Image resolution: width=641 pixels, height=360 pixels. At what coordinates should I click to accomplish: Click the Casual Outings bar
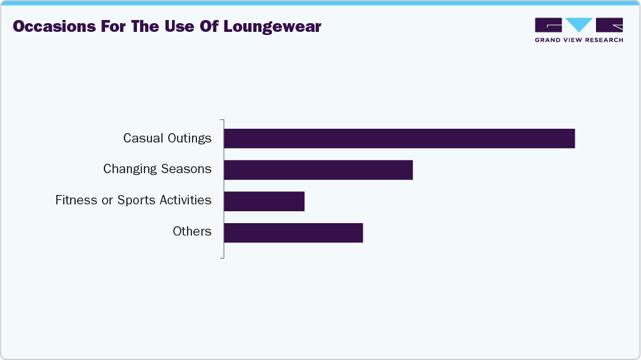[399, 139]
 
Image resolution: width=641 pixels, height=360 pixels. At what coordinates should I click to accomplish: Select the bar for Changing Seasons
[318, 170]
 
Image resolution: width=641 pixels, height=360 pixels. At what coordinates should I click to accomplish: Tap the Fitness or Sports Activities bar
[264, 201]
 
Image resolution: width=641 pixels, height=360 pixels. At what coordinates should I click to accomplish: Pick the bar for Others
[293, 232]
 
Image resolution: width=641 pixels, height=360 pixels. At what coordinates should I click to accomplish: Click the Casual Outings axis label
[167, 138]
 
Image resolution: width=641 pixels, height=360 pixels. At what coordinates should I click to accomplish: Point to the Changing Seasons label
[157, 169]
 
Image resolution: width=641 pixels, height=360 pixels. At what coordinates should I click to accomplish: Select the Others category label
[192, 232]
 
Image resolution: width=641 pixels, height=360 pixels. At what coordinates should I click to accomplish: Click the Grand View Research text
[578, 40]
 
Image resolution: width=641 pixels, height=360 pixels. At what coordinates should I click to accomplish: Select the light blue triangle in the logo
[579, 25]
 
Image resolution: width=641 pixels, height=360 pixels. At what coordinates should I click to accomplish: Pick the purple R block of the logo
[610, 25]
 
